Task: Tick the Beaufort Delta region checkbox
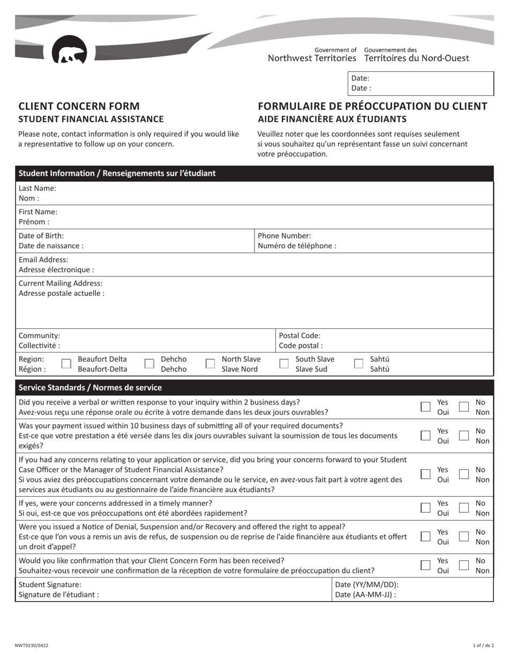click(66, 364)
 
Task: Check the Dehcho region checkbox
click(149, 364)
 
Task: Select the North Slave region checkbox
click(211, 364)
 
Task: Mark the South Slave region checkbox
click(284, 364)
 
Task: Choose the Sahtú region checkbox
click(358, 364)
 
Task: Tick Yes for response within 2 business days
click(425, 407)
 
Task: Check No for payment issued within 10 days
click(464, 436)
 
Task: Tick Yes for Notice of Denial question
click(425, 537)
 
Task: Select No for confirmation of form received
click(464, 565)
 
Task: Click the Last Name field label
click(37, 189)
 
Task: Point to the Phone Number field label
click(285, 236)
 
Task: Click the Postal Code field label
click(300, 335)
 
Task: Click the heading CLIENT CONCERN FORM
click(79, 106)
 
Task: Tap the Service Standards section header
click(90, 387)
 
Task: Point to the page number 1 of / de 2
click(482, 645)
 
